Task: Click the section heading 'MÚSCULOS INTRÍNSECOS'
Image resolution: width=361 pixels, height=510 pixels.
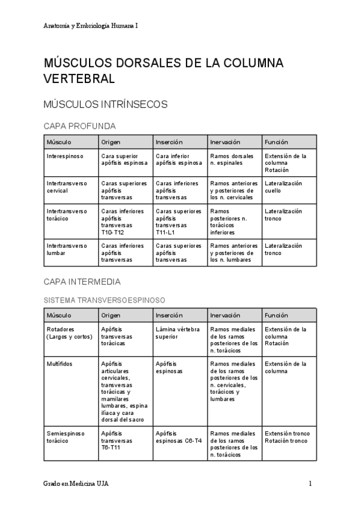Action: pos(105,104)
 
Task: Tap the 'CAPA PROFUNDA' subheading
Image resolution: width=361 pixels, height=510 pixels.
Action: pos(79,126)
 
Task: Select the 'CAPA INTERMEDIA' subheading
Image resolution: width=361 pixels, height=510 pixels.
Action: pos(82,281)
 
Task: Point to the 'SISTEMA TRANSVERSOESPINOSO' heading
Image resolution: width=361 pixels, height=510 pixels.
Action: pos(105,300)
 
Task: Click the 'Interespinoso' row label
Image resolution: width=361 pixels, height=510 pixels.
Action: pos(65,156)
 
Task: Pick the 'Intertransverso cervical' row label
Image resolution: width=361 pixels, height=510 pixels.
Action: pos(67,186)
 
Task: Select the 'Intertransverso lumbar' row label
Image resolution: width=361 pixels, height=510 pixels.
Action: pos(67,249)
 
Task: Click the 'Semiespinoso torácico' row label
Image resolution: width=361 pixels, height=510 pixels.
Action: pos(66,437)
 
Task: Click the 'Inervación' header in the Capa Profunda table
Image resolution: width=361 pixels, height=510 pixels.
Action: pos(224,142)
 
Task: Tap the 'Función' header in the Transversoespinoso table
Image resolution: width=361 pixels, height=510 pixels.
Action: pos(276,315)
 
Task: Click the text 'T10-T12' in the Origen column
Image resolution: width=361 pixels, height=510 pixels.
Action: pos(113,232)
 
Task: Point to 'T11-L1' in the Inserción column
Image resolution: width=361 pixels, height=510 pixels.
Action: pos(166,232)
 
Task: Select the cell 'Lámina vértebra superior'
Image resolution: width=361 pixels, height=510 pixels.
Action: pos(177,333)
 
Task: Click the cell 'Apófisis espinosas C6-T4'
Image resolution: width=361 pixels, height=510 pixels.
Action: pos(179,437)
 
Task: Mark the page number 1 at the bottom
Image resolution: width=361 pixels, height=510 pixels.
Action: pos(310,484)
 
